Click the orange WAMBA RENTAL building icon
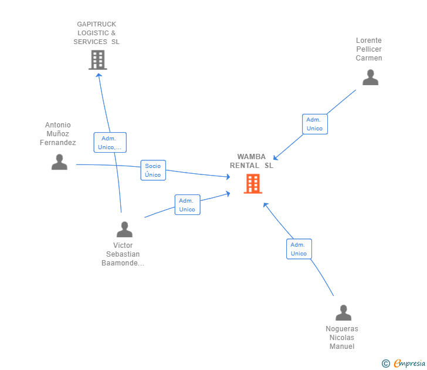point(253,184)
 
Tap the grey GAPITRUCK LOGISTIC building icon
point(98,59)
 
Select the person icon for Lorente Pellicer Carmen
point(370,78)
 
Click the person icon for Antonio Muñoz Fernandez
point(59,162)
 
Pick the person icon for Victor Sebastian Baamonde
point(124,229)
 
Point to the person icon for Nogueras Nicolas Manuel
point(343,313)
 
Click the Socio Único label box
point(153,170)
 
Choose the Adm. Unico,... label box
point(110,143)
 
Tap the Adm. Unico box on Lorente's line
point(314,124)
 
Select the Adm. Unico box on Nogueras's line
point(299,249)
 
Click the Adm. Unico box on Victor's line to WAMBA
point(187,205)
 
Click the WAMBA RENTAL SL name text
point(252,161)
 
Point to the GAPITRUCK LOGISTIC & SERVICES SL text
point(96,33)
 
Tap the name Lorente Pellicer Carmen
point(369,49)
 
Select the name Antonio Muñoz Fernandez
point(58,134)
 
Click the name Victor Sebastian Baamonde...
point(123,254)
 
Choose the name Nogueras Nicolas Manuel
point(342,338)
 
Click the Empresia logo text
point(409,364)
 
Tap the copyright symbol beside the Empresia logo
point(386,364)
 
